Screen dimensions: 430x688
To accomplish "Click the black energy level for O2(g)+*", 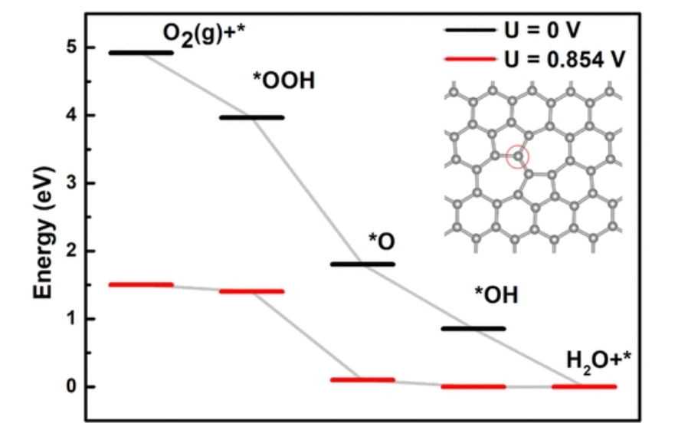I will pos(141,53).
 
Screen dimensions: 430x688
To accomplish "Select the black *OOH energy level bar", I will pos(251,117).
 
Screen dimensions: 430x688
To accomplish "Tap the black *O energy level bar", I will pos(362,264).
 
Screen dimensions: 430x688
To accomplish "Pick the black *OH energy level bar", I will pos(473,328).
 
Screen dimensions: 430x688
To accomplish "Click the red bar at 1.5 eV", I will pos(141,284).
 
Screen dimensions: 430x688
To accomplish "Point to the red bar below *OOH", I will pos(251,291).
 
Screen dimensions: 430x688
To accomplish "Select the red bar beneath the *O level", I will pos(362,379).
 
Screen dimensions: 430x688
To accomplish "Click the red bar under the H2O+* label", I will pos(584,386).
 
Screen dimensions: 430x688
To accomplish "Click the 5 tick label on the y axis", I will pos(70,48).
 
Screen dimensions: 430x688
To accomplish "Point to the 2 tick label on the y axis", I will pos(70,251).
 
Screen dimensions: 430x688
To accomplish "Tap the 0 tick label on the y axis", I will pos(70,386).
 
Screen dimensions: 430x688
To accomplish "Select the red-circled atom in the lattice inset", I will pos(519,156).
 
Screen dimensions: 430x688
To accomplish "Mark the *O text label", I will pos(382,242).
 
